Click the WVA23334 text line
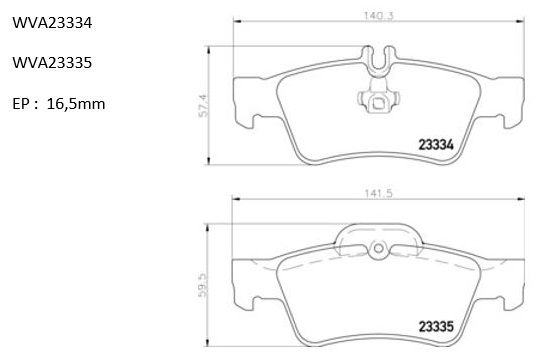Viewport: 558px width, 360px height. pyautogui.click(x=52, y=23)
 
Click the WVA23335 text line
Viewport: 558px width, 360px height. pyautogui.click(x=52, y=63)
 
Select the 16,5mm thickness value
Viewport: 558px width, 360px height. pyautogui.click(x=76, y=104)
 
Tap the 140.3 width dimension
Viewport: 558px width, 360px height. pyautogui.click(x=378, y=16)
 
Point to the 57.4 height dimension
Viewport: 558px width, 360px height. pyautogui.click(x=204, y=105)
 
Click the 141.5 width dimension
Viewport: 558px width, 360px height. pyautogui.click(x=378, y=194)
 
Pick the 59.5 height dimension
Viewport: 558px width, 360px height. pyautogui.click(x=204, y=285)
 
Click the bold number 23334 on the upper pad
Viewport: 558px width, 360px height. pyautogui.click(x=436, y=145)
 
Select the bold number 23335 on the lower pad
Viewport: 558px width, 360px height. pyautogui.click(x=436, y=326)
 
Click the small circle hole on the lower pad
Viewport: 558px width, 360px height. pyautogui.click(x=379, y=248)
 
